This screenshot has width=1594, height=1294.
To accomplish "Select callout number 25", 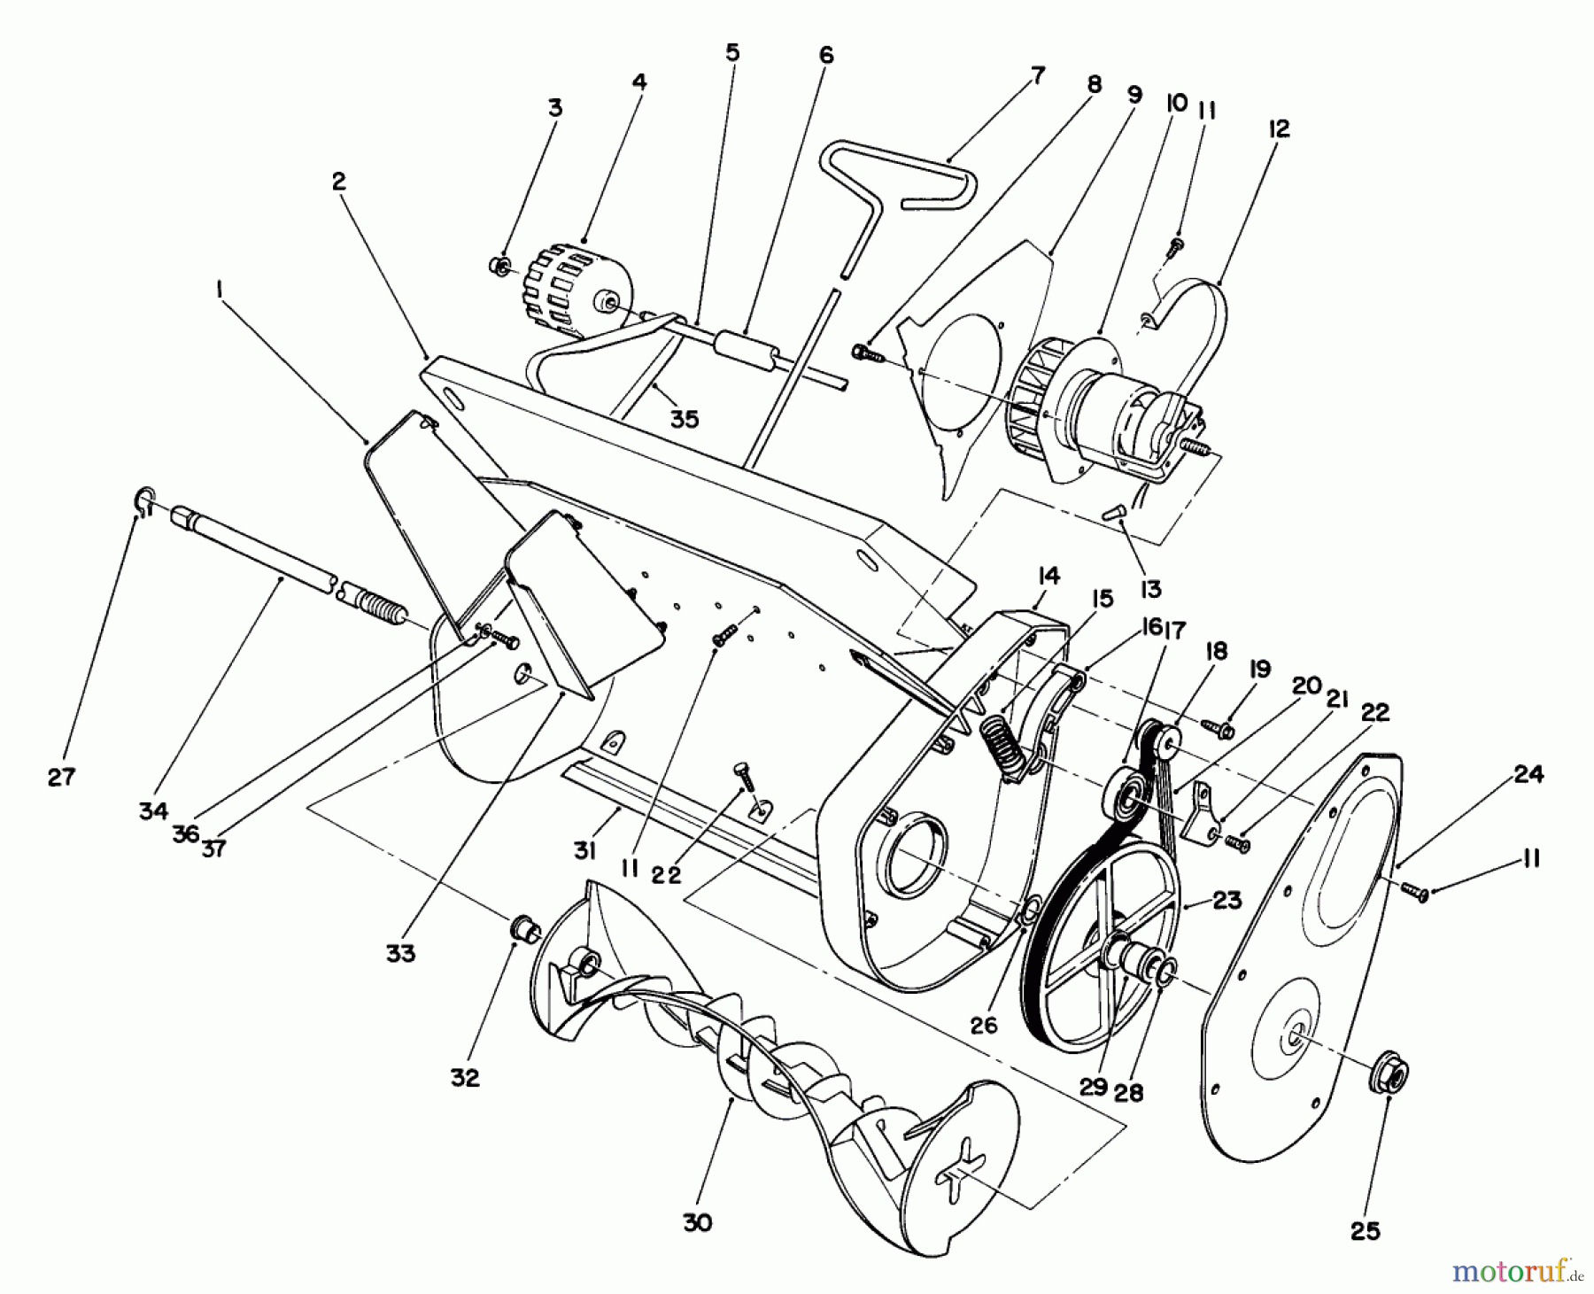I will pos(1366,1231).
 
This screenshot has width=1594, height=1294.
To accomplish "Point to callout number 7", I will pos(1037,75).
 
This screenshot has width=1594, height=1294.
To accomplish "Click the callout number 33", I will pos(400,954).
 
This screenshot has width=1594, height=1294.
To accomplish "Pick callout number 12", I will pos(1278,129).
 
